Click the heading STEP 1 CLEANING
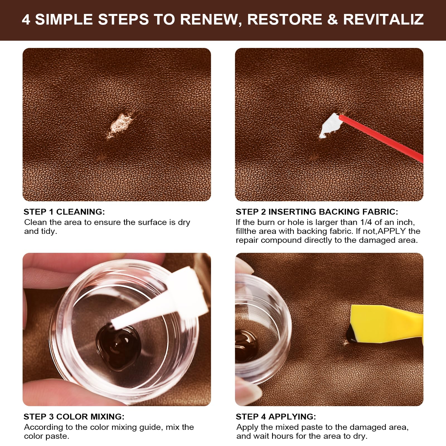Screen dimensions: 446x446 [64, 212]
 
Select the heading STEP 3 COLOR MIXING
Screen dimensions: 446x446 [74, 417]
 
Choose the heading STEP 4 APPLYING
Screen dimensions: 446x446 [276, 417]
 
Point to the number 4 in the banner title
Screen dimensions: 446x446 [26, 20]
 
